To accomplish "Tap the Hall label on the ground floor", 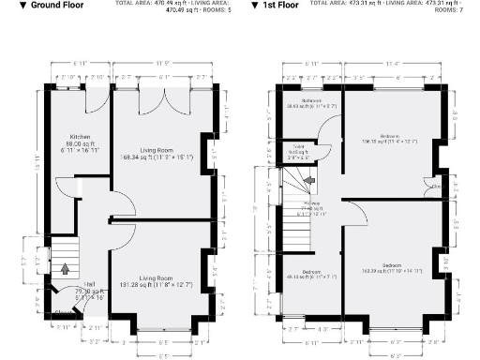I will [89, 284].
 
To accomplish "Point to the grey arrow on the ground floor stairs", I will [64, 269].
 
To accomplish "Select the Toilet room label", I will [299, 147].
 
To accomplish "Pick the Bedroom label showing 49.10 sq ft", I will [312, 273].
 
